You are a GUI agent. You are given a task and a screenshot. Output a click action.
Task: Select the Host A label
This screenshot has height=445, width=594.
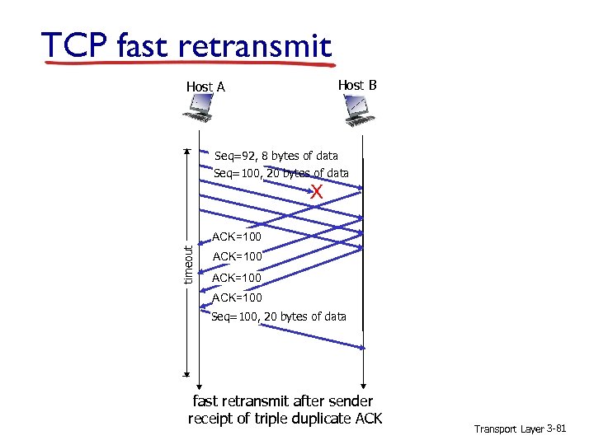coord(205,87)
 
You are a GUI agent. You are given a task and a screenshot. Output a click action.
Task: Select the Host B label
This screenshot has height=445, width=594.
coord(357,85)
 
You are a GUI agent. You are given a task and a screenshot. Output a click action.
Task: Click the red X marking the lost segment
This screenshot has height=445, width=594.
coord(316,192)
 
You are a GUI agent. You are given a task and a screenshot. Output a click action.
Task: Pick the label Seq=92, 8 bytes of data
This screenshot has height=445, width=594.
coord(276,155)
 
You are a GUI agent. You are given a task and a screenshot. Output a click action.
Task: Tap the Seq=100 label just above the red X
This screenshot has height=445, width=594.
coord(280,173)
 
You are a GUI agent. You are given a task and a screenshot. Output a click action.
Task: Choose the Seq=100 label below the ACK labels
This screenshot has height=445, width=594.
coord(278,316)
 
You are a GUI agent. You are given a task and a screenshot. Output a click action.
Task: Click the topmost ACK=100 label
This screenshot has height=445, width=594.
coord(237,237)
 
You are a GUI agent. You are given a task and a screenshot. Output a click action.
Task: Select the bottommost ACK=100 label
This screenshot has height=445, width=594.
coord(237,297)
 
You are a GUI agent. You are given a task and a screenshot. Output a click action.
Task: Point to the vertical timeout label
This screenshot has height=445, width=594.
coord(188,264)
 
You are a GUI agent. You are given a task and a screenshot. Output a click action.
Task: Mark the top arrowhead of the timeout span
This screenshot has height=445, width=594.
coord(187,152)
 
